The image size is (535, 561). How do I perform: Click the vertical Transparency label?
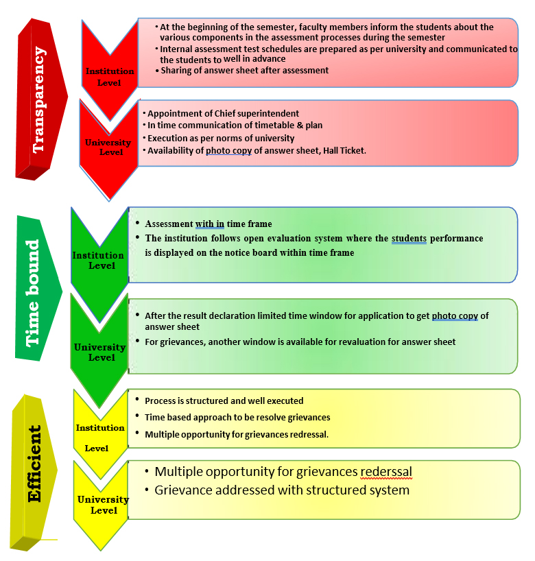(40, 99)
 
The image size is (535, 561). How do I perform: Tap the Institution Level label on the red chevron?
(104, 77)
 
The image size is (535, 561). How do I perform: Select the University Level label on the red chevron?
(108, 147)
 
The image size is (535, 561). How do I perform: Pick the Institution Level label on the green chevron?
(98, 260)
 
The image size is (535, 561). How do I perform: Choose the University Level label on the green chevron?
(100, 352)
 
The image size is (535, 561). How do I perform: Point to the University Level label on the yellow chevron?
(103, 505)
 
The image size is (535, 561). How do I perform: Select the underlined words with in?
(210, 224)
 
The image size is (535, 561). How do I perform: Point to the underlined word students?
(409, 238)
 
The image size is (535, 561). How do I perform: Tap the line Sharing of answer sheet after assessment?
(244, 70)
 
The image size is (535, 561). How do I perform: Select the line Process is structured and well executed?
(224, 401)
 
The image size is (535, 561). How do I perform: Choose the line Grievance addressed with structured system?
(281, 490)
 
